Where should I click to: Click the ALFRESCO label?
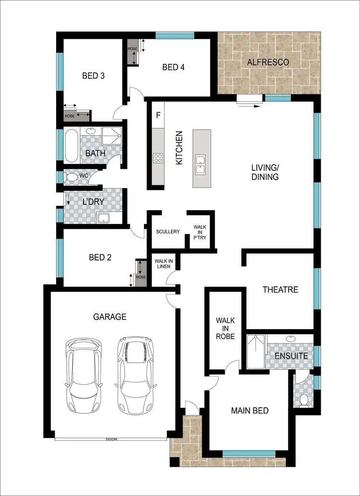(268, 62)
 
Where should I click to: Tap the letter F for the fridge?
(158, 116)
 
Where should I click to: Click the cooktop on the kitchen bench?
(158, 158)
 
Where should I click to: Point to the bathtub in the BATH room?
(71, 146)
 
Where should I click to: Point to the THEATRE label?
(280, 290)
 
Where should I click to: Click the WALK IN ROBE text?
(225, 328)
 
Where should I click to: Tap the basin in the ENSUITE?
(290, 339)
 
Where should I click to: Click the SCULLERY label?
(168, 232)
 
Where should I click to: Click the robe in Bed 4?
(132, 53)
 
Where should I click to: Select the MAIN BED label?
(250, 411)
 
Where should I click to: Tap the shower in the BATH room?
(112, 137)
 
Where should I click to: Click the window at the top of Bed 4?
(175, 35)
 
